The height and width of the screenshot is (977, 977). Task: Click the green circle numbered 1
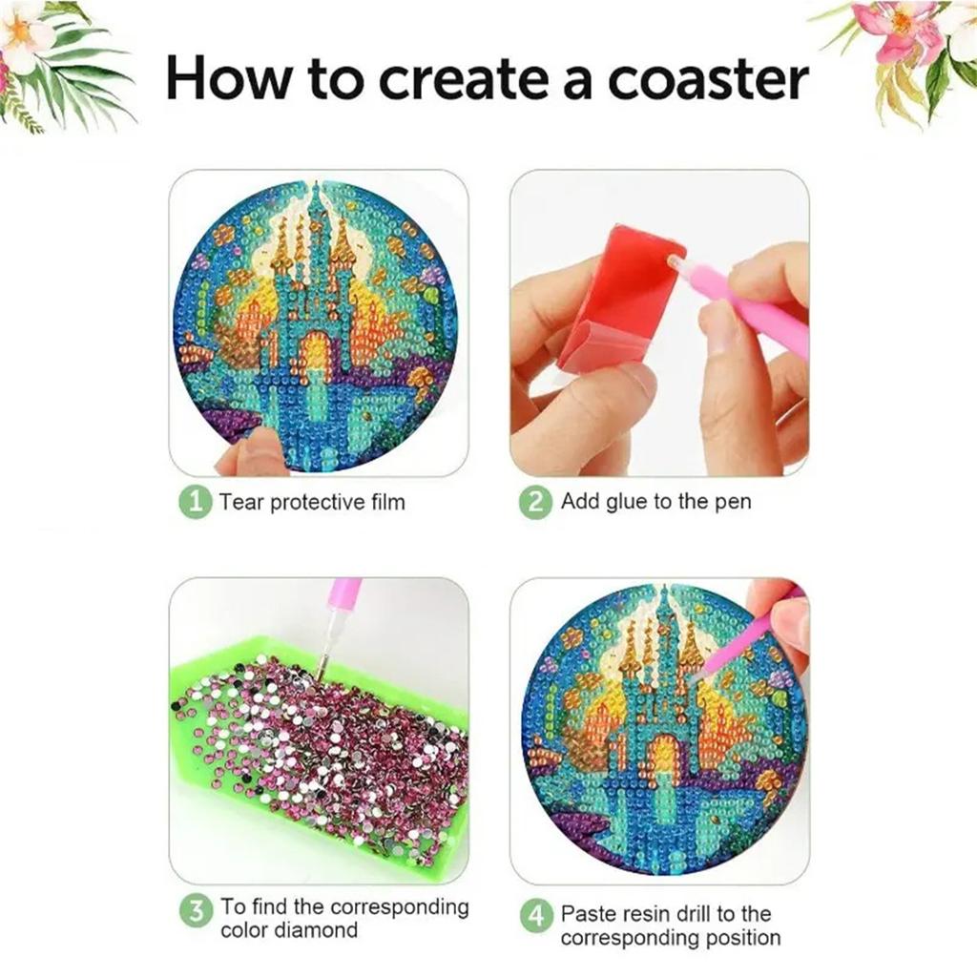[195, 502]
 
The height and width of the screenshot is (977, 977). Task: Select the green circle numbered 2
[535, 502]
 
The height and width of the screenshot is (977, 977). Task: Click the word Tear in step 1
[241, 502]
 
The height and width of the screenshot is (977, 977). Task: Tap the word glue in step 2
[627, 502]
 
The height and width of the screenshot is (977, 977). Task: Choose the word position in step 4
[745, 939]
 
